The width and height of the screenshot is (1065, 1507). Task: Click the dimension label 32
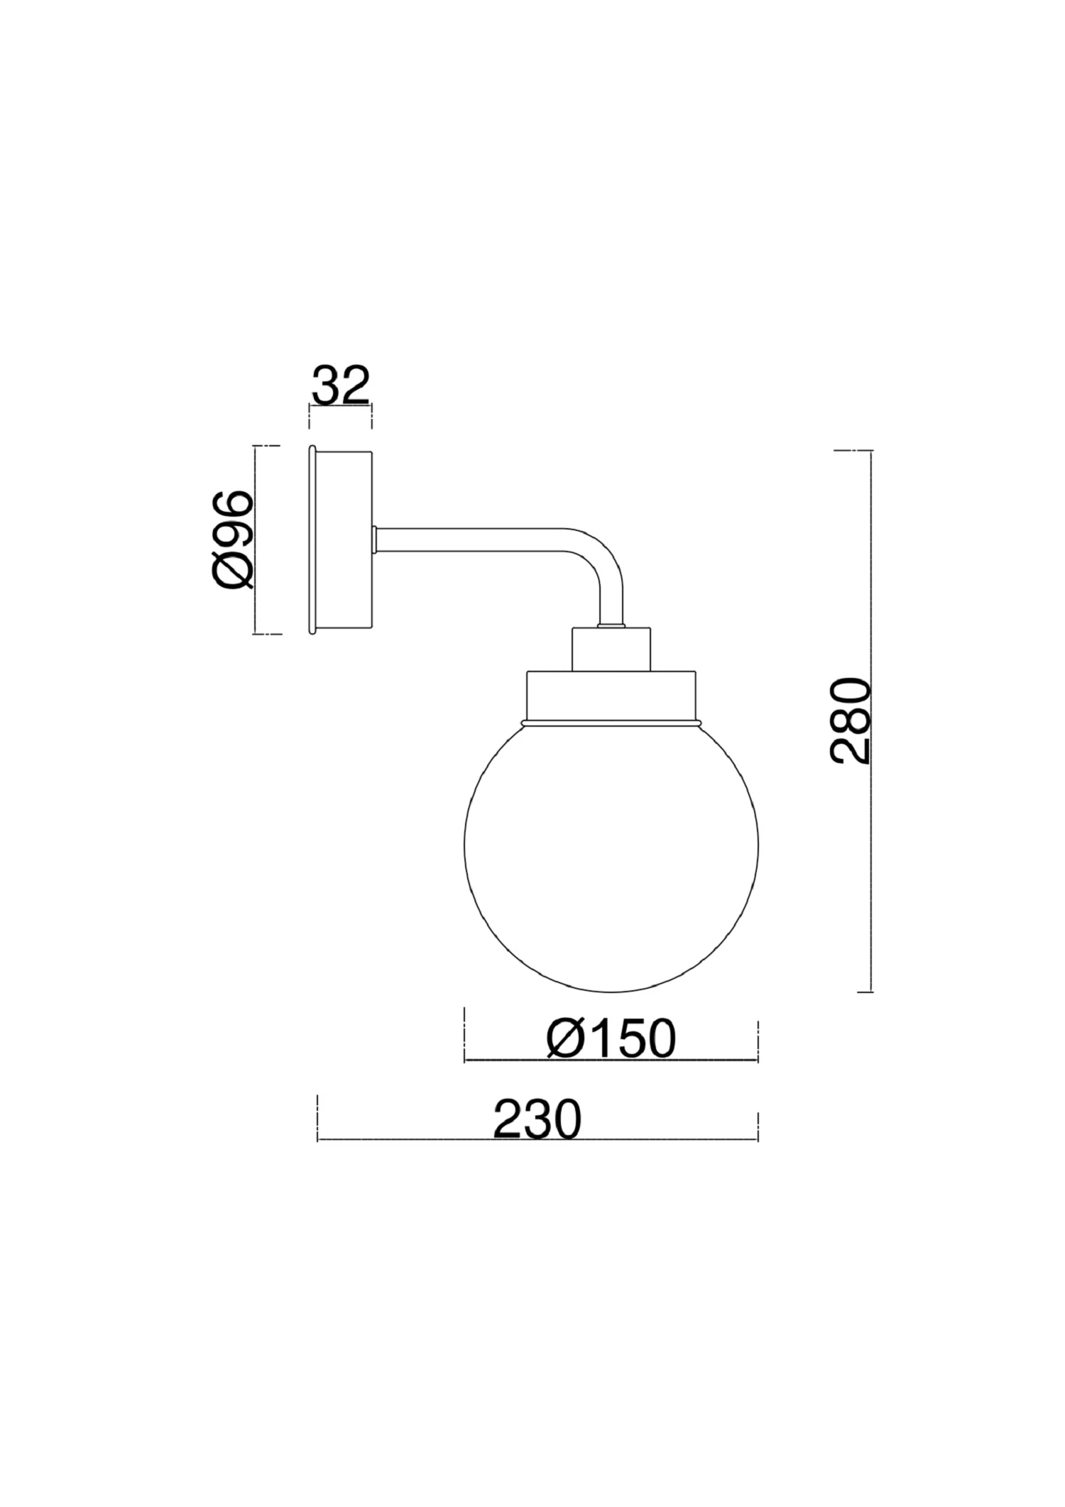[x=341, y=385]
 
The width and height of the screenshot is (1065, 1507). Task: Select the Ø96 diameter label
[x=232, y=539]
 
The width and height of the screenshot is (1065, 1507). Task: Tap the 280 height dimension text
[x=850, y=720]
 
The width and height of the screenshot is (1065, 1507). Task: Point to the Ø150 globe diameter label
[x=611, y=1039]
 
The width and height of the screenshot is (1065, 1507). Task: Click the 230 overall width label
[x=537, y=1119]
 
